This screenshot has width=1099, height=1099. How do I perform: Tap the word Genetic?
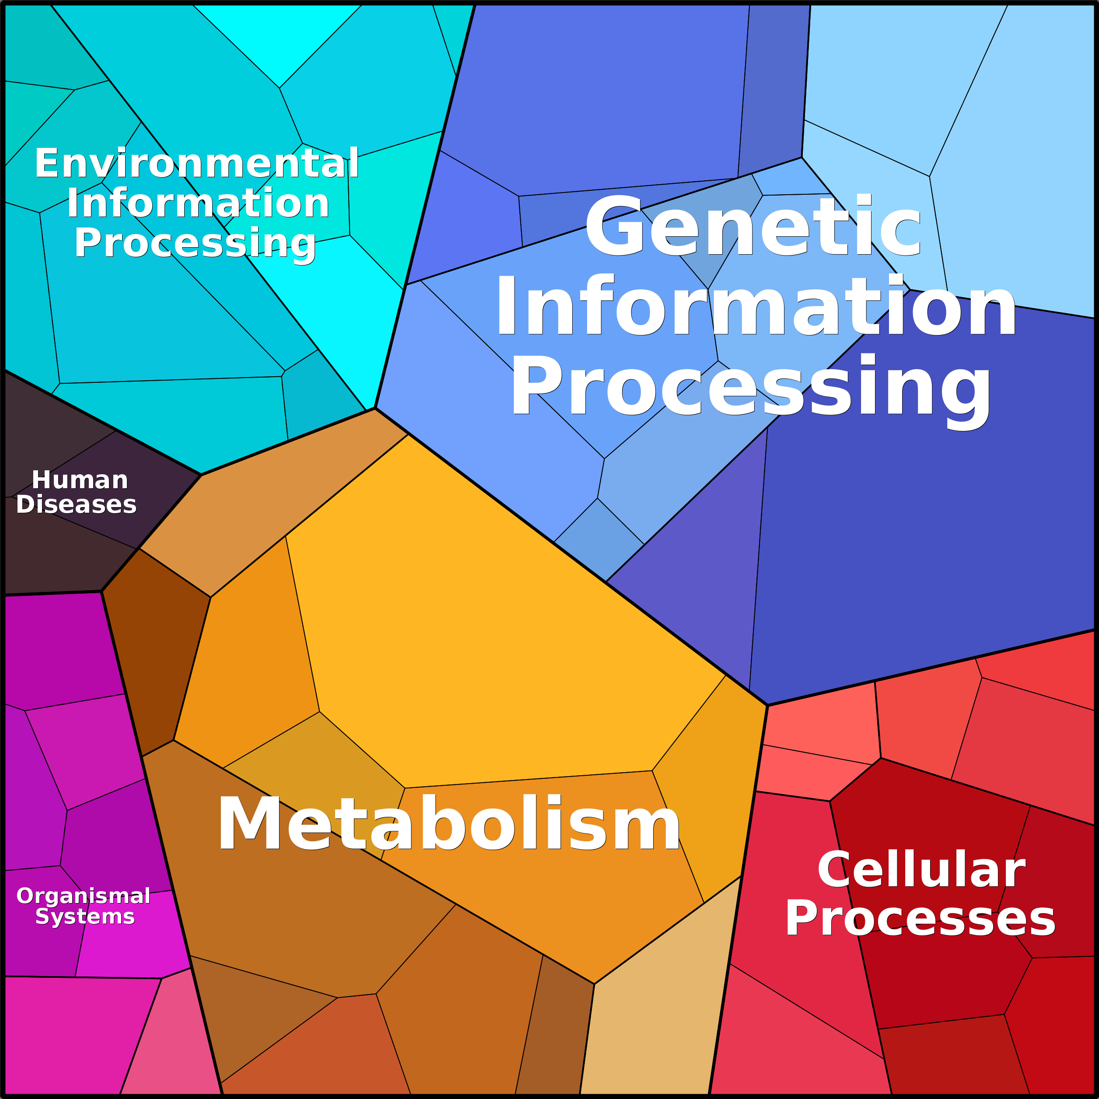point(752,227)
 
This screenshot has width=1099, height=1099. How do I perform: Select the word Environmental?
point(197,163)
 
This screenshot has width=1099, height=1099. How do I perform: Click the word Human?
point(80,480)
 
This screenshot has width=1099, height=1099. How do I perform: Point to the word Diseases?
point(76,504)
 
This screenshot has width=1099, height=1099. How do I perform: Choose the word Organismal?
point(83,896)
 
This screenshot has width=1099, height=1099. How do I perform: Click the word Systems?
point(85,917)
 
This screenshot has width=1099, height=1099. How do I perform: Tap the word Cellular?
point(921,870)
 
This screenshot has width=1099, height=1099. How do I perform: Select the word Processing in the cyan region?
point(195,243)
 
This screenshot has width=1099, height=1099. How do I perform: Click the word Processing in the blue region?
point(751,386)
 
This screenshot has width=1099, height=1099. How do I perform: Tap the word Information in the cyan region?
point(198,203)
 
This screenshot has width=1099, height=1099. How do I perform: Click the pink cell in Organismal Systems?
point(171,1041)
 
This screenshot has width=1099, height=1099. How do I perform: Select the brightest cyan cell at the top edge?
point(279,40)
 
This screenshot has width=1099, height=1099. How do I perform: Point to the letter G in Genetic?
point(614,227)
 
